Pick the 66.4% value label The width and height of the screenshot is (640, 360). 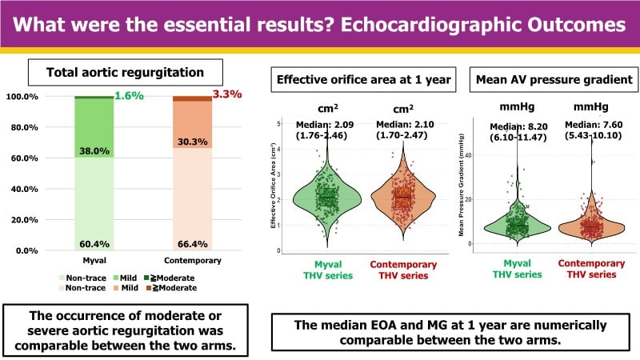(x=194, y=243)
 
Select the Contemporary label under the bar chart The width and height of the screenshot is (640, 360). (x=193, y=262)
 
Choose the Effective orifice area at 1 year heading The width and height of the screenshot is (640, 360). (x=362, y=80)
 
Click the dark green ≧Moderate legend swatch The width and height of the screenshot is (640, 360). (x=149, y=276)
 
